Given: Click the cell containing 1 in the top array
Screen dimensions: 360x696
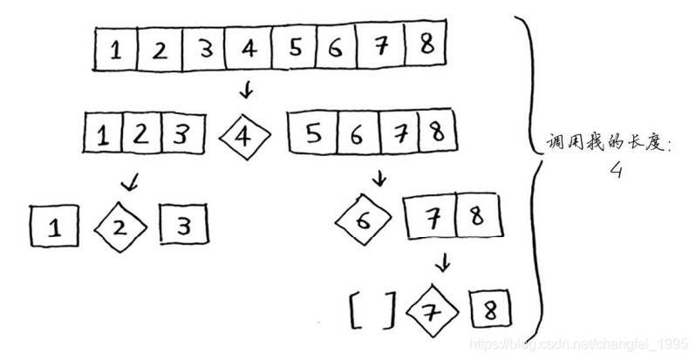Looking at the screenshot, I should [116, 50].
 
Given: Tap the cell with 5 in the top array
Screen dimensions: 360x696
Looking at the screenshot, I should [295, 49].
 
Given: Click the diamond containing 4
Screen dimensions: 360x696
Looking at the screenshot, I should [245, 136].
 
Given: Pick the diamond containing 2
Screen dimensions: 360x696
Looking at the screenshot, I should [121, 228].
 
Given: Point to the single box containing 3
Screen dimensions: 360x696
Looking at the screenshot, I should [185, 228].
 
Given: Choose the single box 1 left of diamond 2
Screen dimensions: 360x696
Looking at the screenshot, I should [53, 228].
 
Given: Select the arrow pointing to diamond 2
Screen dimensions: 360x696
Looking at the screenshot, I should [130, 181].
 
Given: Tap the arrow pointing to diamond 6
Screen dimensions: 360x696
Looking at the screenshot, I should [379, 179].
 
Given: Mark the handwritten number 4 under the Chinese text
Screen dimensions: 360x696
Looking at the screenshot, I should [616, 172].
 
